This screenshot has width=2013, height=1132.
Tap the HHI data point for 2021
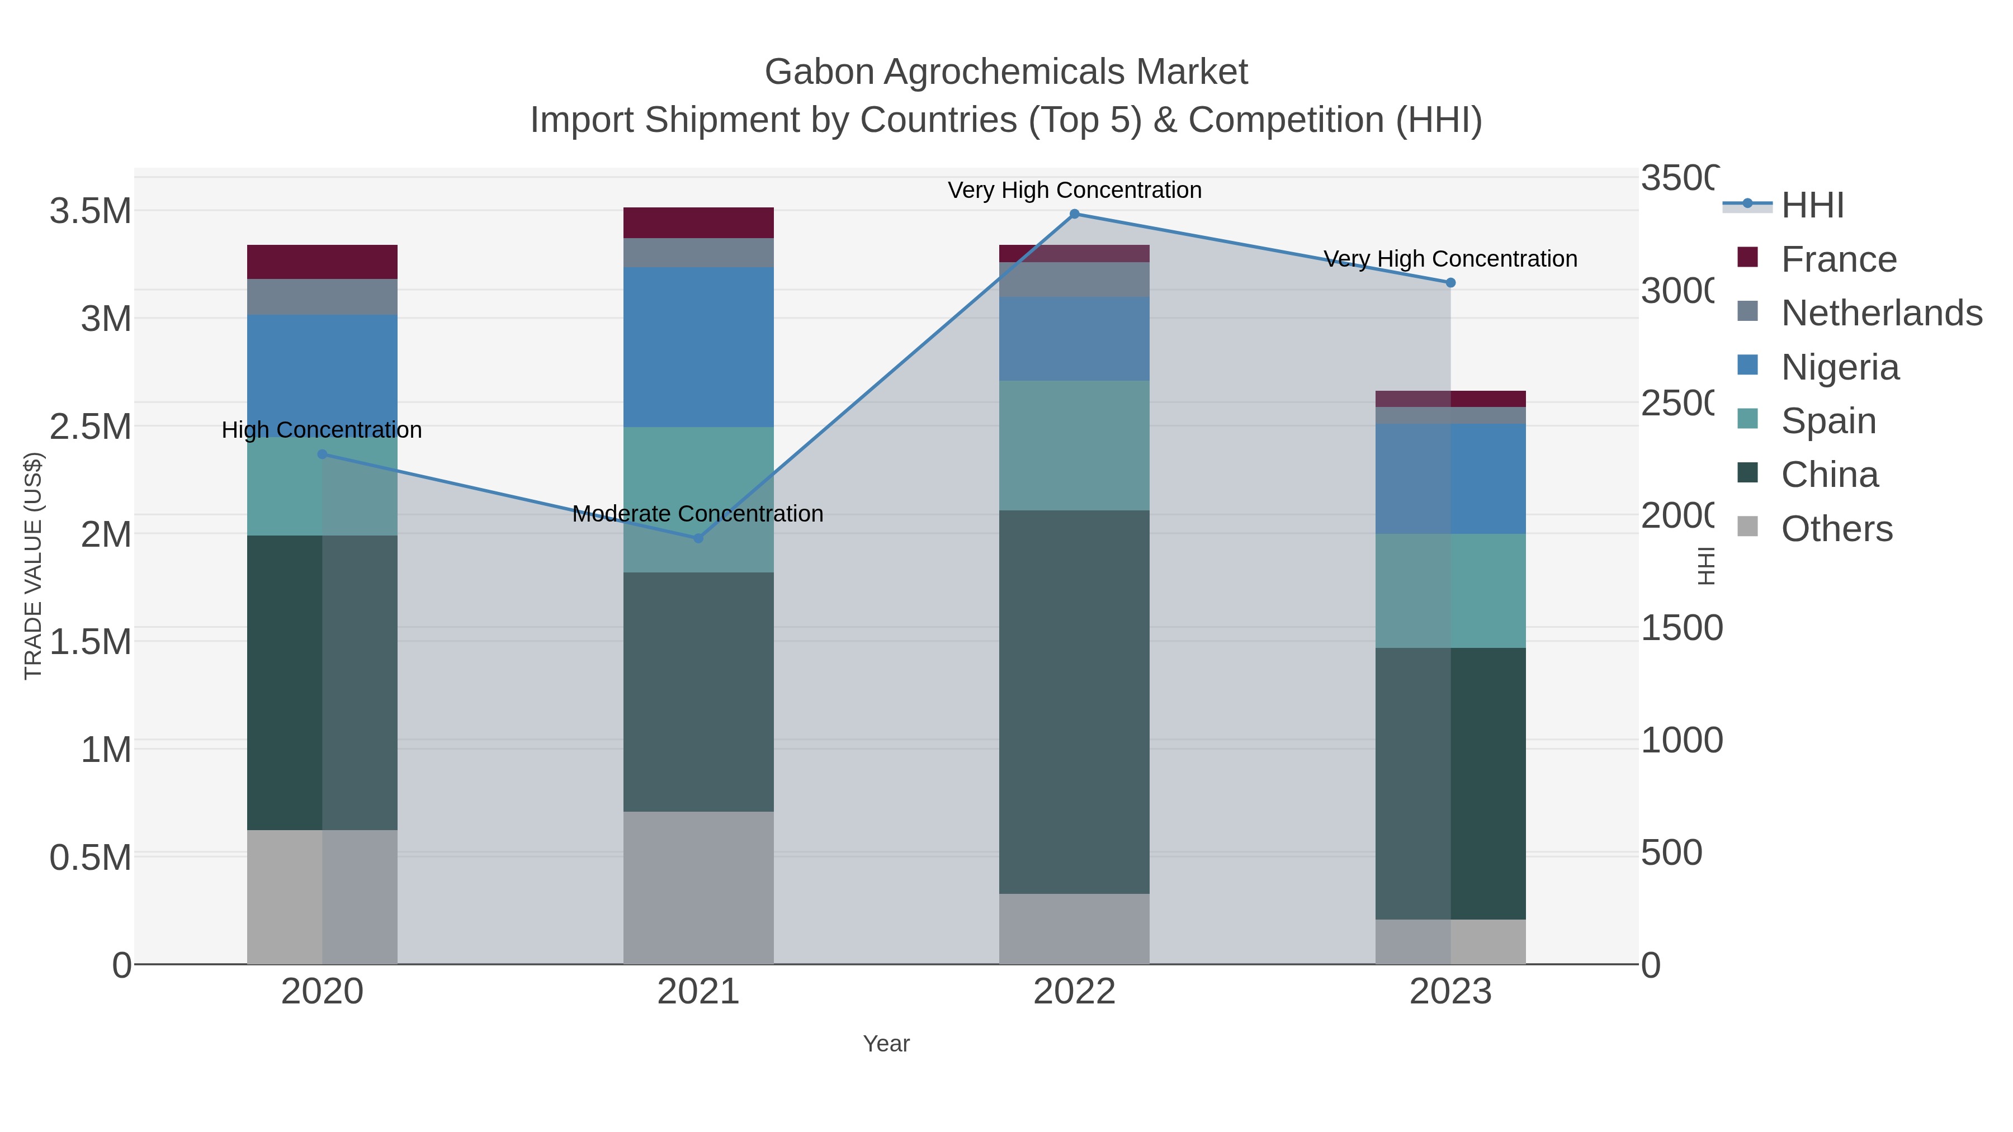[x=698, y=538]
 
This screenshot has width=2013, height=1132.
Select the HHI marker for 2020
[x=322, y=454]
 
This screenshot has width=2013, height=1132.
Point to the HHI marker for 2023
[x=1450, y=283]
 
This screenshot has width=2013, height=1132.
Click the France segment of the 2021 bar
[x=698, y=222]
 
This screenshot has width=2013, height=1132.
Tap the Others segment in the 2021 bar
[x=698, y=888]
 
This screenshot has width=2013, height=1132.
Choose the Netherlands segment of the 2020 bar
[x=322, y=297]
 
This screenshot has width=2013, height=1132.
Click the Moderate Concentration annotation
[x=698, y=514]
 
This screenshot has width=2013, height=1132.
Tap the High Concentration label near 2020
[x=322, y=430]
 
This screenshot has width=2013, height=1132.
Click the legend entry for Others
[x=1836, y=529]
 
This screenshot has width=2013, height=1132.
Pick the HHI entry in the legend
[x=1811, y=206]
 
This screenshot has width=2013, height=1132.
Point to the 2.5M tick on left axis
[x=91, y=427]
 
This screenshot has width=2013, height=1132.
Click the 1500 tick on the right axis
[x=1681, y=628]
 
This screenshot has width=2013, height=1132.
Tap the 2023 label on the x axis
[x=1450, y=992]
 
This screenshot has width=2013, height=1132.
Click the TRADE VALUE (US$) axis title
[x=33, y=566]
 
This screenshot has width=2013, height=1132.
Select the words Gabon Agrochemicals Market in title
[x=1006, y=72]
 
